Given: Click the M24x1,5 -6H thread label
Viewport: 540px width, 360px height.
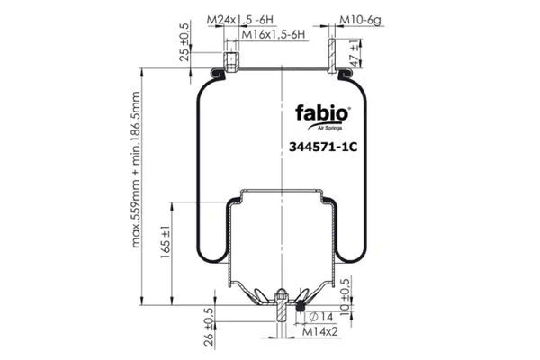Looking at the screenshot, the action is coord(240,20).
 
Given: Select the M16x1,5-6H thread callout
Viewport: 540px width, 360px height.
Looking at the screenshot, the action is coord(274,34).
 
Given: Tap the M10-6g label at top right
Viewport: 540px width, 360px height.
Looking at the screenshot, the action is coord(361,20).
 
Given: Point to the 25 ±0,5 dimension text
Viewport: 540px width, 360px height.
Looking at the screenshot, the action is coord(184,42).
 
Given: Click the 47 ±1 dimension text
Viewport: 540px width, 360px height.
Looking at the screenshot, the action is coord(355,53).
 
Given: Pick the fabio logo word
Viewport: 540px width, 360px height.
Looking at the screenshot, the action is coord(322,113).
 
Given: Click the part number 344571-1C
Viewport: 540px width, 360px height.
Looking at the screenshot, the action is coord(323,147).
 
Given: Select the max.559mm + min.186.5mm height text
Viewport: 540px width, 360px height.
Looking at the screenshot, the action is coord(136,169).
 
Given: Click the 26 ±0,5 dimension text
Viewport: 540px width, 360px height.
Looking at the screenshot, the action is coord(209,327).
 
